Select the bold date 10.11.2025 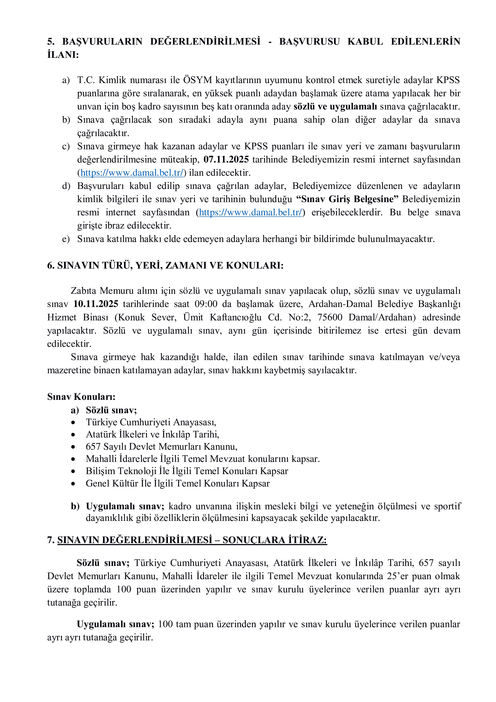96,304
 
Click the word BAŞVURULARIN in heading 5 102,42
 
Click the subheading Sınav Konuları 81,397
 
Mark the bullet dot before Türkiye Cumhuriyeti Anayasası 73,423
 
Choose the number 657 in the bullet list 93,447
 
